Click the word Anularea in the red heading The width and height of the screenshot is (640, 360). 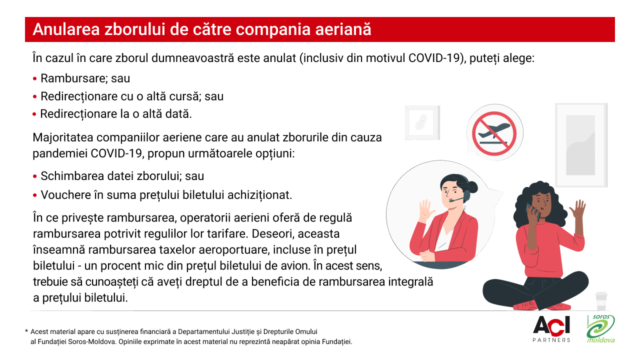pyautogui.click(x=66, y=29)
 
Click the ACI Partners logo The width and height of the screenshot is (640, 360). pyautogui.click(x=551, y=329)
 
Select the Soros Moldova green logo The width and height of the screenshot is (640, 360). pyautogui.click(x=600, y=328)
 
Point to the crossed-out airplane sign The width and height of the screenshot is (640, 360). pyautogui.click(x=494, y=133)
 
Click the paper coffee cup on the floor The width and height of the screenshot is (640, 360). pyautogui.click(x=601, y=300)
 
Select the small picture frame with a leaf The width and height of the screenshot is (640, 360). pyautogui.click(x=422, y=122)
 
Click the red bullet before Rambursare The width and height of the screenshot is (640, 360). pyautogui.click(x=35, y=78)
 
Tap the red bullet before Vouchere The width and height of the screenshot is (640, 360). pyautogui.click(x=35, y=195)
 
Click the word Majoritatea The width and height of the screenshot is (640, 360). pyautogui.click(x=63, y=137)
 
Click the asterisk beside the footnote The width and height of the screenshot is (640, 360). pyautogui.click(x=26, y=331)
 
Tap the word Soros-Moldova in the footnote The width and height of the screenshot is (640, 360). pyautogui.click(x=91, y=341)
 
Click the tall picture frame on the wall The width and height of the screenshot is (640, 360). pyautogui.click(x=581, y=145)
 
